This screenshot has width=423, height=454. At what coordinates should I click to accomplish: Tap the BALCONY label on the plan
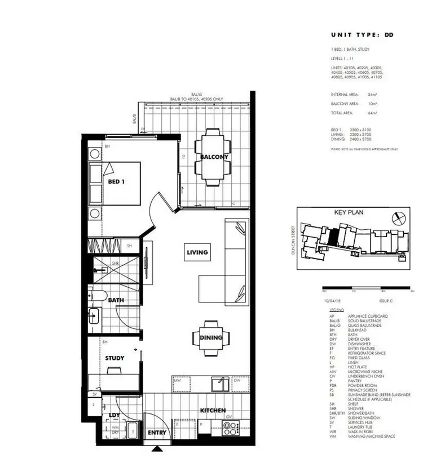click(214, 157)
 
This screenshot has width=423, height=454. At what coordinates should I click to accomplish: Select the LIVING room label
click(197, 252)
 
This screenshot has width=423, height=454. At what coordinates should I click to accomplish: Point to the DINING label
click(211, 338)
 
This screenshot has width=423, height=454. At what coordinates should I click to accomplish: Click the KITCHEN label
click(213, 411)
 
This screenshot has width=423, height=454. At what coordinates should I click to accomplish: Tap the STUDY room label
click(114, 358)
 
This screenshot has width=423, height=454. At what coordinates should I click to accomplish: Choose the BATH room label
click(117, 301)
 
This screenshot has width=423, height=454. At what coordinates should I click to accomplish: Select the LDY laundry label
click(114, 415)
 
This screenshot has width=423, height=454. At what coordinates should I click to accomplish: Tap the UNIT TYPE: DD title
click(361, 35)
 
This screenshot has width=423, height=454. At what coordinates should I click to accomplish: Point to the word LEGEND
click(337, 310)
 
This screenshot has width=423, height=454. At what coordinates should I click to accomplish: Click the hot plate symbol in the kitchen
click(230, 426)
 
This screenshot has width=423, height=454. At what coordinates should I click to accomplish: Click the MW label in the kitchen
click(177, 381)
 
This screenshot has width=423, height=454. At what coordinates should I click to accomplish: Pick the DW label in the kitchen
click(236, 381)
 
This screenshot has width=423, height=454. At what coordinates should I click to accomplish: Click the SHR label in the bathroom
click(115, 263)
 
